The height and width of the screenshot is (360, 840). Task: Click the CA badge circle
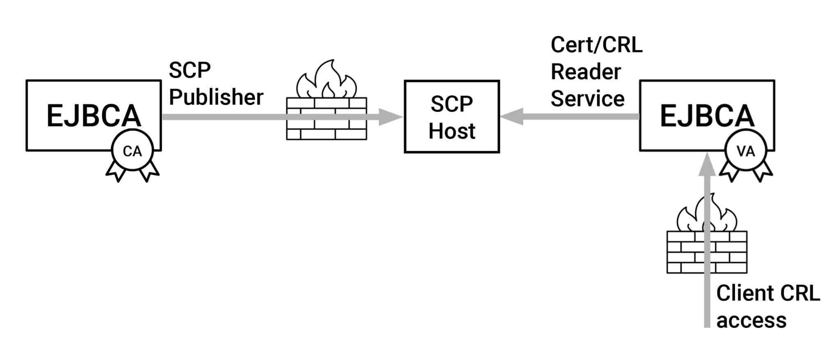coord(132,150)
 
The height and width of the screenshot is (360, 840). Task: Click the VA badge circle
coord(745,150)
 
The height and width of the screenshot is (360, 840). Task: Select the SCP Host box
coord(452,116)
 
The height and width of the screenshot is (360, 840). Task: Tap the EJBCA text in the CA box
coord(94,116)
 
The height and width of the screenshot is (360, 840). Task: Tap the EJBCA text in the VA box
coord(707,116)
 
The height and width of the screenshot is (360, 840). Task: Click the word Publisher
coord(216,97)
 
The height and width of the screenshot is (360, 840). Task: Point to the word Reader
coord(585,72)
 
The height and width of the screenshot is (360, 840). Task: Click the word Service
coord(587,98)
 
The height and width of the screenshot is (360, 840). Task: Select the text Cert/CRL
coord(596,45)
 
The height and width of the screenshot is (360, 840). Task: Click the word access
coord(751,320)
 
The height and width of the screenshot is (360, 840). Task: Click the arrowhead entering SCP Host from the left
coord(390,117)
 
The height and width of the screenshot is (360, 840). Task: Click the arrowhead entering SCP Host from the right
coord(512,116)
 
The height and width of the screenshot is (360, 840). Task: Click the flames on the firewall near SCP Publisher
coord(327,80)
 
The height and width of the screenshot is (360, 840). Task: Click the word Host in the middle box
coord(452,131)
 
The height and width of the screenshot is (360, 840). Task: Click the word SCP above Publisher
coord(189,70)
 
